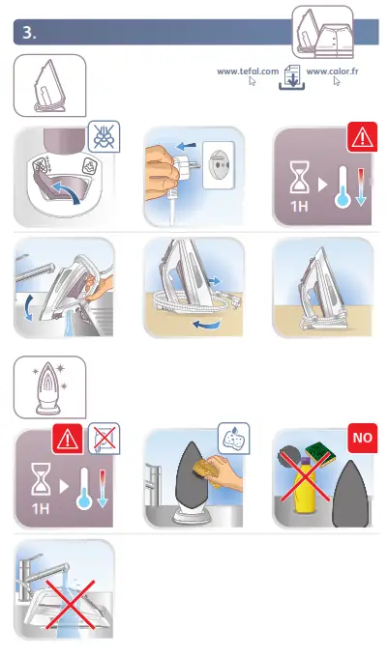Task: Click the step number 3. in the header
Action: pos(28,33)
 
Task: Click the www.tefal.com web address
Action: pos(248,71)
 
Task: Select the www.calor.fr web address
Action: pos(330,71)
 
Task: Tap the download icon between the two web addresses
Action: pos(291,81)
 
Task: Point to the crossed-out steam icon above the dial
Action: pos(103,137)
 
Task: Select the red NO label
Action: pos(363,438)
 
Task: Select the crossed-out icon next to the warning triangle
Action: pos(103,438)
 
